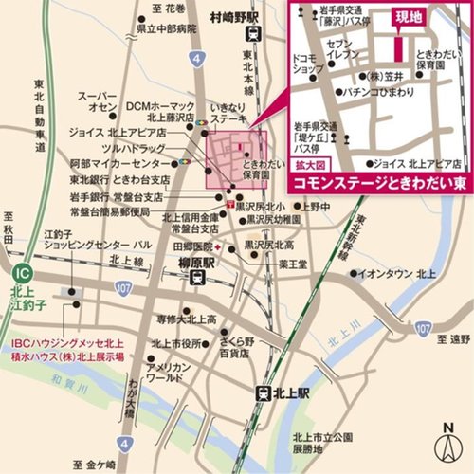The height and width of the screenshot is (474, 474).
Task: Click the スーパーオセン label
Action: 97,102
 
